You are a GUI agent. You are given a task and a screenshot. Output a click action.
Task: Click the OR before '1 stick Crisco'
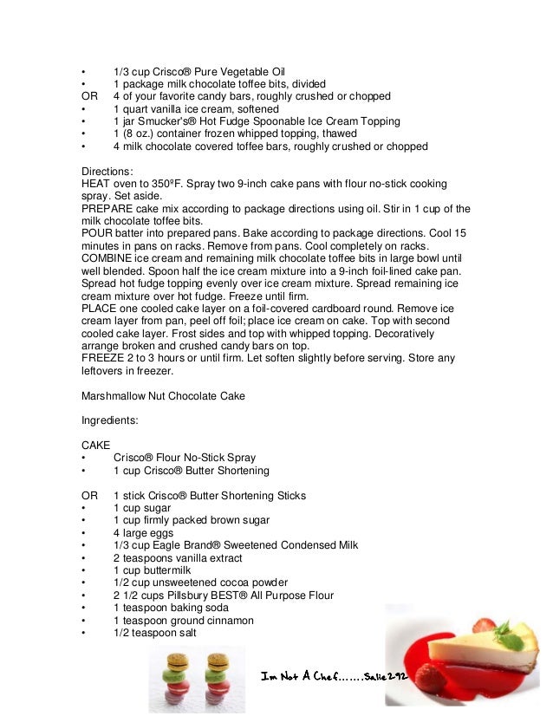(88, 496)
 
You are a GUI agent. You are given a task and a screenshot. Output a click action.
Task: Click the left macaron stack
(173, 680)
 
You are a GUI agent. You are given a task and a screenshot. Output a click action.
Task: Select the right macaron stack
(215, 680)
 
